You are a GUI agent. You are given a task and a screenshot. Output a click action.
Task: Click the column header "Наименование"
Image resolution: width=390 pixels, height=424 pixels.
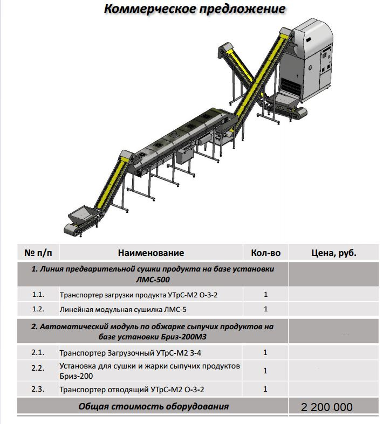point(151,253)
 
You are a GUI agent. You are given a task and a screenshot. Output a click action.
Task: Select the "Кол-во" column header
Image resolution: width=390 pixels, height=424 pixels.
point(265,253)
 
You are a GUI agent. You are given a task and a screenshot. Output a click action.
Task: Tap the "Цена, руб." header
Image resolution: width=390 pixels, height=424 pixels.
point(334,253)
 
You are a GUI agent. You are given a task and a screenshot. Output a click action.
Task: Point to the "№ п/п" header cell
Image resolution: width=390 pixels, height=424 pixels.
point(37,253)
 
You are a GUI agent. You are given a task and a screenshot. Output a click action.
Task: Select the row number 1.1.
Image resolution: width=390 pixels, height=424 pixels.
point(37,295)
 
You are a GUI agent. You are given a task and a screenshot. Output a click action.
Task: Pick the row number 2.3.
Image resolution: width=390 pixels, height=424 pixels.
point(37,389)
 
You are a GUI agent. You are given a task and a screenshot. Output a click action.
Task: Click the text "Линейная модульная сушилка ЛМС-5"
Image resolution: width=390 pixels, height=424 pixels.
point(124,309)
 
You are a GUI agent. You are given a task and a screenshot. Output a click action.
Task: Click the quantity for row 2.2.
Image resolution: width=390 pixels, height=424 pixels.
point(265,371)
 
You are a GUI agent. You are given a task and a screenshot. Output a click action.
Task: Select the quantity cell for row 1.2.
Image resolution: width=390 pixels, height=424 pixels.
point(265,309)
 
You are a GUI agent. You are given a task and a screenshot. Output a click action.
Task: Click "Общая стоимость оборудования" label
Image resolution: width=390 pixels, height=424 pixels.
point(153,407)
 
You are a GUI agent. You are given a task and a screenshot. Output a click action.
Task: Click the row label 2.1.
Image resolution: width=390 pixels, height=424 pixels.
point(37,353)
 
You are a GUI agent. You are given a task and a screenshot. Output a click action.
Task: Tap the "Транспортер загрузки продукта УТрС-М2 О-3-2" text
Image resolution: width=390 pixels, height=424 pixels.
point(141,295)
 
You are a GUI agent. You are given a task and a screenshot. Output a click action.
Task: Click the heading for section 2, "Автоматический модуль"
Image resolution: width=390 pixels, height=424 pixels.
point(153,332)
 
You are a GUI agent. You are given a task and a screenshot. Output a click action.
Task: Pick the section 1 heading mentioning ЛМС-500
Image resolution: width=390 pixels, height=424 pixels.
point(153,274)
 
